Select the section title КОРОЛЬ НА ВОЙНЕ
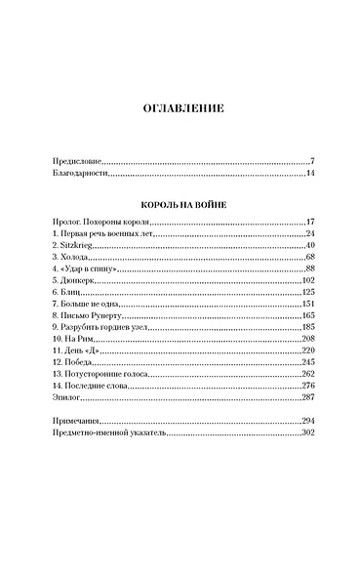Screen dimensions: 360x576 [180, 203]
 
